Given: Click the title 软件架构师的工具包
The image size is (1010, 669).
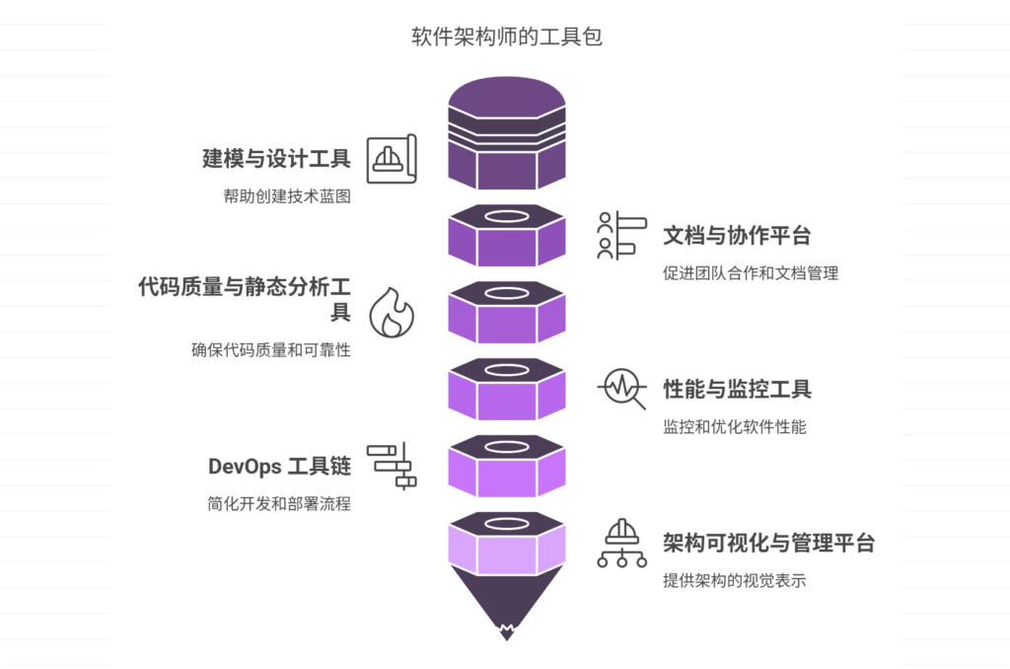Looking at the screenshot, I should pyautogui.click(x=506, y=37).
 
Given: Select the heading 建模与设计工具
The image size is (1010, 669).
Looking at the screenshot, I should pyautogui.click(x=276, y=158).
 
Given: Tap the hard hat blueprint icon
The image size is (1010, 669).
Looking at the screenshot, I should pyautogui.click(x=392, y=158).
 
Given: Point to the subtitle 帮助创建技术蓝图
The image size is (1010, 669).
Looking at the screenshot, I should pyautogui.click(x=287, y=196).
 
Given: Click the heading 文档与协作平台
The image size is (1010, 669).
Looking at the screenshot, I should pyautogui.click(x=737, y=235).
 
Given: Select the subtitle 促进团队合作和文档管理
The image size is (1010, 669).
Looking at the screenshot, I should pyautogui.click(x=751, y=273).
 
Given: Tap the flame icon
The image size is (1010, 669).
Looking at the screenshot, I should pyautogui.click(x=392, y=314).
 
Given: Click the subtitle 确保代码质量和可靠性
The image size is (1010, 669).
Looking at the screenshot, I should pyautogui.click(x=271, y=350).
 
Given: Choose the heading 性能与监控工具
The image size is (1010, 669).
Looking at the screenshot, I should pyautogui.click(x=737, y=389).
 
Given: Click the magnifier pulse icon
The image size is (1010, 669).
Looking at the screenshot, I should pyautogui.click(x=622, y=389).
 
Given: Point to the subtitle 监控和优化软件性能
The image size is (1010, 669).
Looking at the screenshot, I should pyautogui.click(x=735, y=427).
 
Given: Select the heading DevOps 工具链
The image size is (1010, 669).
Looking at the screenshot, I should pyautogui.click(x=279, y=467).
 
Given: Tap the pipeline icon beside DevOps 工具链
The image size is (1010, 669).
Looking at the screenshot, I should pyautogui.click(x=392, y=466).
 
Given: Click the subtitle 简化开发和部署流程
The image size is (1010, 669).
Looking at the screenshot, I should pyautogui.click(x=272, y=504).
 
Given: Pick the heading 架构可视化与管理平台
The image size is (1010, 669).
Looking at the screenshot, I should pyautogui.click(x=768, y=543).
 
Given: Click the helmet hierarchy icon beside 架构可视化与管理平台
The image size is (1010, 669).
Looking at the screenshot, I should pyautogui.click(x=622, y=543).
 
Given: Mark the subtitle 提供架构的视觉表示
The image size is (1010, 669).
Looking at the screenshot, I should pyautogui.click(x=735, y=581).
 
